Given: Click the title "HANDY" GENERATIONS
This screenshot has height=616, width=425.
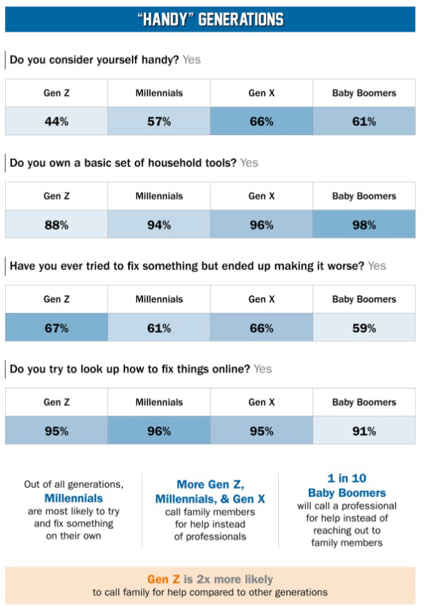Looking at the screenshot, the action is [211, 19].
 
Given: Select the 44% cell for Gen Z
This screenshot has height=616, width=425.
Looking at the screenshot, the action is [56, 121].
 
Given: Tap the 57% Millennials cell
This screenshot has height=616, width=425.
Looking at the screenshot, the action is [159, 121].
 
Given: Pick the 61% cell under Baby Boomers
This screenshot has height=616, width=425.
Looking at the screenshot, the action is [364, 121].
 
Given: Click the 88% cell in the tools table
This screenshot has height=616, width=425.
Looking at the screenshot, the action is [56, 224].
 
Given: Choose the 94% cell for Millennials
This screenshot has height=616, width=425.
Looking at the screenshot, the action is [159, 224].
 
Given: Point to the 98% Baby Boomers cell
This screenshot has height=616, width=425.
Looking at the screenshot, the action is [364, 224].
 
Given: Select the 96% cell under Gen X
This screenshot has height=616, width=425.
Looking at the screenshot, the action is [262, 224].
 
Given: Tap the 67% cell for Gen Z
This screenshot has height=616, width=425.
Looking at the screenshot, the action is [56, 327].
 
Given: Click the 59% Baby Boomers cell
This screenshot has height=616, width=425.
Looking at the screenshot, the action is [364, 327].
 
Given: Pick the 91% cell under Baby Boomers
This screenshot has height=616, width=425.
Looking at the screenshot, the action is [364, 431].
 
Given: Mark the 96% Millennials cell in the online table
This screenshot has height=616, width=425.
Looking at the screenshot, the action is [159, 431].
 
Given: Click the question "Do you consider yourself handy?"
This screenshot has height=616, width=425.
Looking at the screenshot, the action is [94, 60].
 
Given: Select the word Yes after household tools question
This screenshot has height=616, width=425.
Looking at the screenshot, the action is [249, 163].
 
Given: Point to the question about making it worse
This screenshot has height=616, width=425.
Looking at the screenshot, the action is [187, 266].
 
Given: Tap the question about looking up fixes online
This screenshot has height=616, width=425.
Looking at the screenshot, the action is [130, 369].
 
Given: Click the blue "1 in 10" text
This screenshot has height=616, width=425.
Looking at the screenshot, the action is [347, 478].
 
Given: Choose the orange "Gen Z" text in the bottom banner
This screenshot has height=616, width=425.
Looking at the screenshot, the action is [163, 579].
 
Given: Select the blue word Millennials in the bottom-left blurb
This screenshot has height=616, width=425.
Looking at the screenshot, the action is [73, 498].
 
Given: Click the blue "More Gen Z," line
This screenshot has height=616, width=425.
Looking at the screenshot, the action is [210, 485].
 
